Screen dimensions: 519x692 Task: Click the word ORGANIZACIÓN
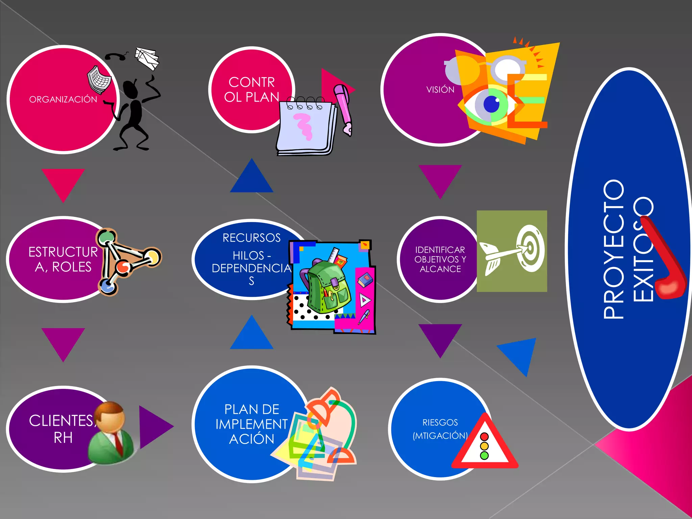[x=63, y=99]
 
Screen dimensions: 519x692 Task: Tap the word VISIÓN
[x=440, y=90]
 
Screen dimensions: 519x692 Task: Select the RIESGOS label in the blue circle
[x=440, y=422]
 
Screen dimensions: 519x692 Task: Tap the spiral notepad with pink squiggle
[x=306, y=127]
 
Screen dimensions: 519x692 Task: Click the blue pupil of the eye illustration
[x=492, y=104]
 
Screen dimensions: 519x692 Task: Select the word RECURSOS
[x=251, y=238]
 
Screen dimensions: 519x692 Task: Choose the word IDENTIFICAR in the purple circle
[x=440, y=250]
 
